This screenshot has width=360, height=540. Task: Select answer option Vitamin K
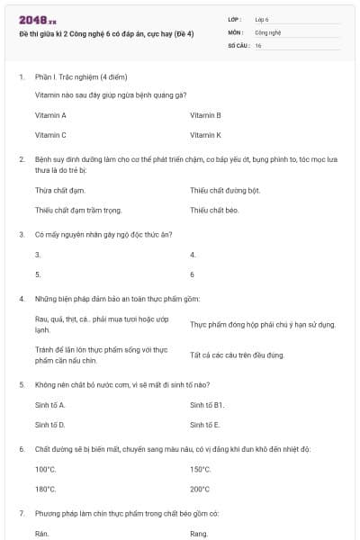pos(206,135)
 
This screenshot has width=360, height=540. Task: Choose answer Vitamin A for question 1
pos(50,115)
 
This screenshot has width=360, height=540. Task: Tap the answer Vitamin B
pos(206,115)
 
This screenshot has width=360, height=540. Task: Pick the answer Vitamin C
pos(50,135)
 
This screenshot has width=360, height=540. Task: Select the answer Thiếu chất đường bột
pos(225,191)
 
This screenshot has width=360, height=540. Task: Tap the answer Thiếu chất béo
pos(214,211)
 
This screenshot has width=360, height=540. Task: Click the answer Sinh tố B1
pos(208,405)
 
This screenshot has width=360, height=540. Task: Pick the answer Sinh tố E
pos(205,424)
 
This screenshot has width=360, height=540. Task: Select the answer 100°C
pos(45,470)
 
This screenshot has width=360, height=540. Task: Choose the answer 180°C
pos(45,489)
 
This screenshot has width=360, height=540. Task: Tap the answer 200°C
pos(200,489)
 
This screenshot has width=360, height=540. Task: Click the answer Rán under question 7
pos(41,534)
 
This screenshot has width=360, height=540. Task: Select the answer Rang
pos(199,534)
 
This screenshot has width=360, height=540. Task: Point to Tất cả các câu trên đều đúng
pos(238,355)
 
